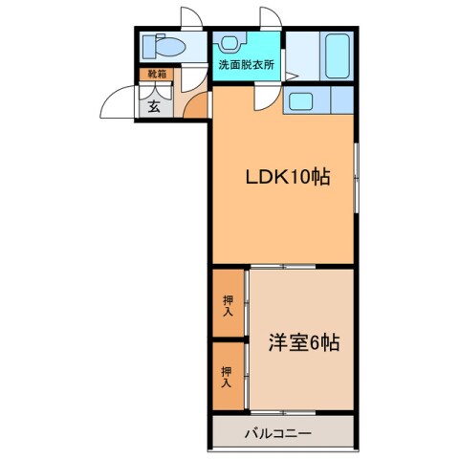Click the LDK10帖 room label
pos(284,178)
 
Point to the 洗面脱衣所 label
pos(246,65)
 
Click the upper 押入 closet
pos(229,305)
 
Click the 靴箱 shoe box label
pos(154,74)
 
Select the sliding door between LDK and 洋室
pos(284,267)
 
